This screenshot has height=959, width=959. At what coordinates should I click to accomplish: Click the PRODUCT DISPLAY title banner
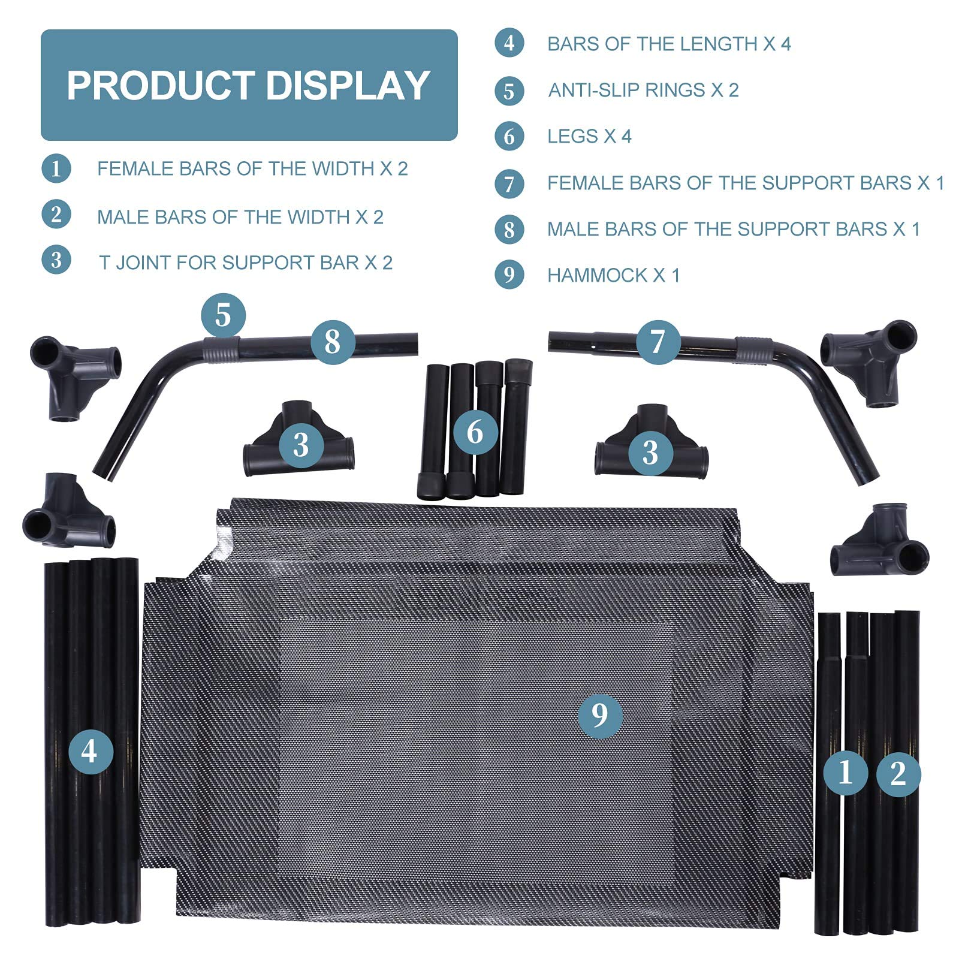[x=249, y=85]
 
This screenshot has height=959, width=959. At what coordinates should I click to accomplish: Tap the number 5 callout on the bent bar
[x=223, y=315]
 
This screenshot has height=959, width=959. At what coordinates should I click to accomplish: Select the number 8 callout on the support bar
[x=333, y=342]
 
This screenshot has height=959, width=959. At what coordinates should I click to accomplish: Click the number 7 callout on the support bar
[x=658, y=342]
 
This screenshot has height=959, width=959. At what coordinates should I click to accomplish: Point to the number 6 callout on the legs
[x=475, y=432]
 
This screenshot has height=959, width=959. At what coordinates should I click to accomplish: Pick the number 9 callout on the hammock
[x=599, y=715]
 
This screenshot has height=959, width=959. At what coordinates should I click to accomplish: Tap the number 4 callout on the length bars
[x=91, y=750]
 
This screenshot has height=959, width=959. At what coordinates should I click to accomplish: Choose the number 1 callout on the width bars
[x=845, y=773]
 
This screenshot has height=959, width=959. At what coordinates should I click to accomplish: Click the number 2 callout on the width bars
[x=898, y=774]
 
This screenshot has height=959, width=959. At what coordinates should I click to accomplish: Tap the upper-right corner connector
[x=869, y=362]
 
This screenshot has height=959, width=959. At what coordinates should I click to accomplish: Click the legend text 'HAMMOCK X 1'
[x=613, y=275]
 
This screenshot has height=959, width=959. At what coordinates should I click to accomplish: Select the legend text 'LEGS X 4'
[x=589, y=137]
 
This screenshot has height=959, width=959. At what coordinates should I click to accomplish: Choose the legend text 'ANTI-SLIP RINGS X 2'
[x=643, y=90]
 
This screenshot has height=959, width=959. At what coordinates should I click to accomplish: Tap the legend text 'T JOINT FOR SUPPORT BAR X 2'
[x=246, y=263]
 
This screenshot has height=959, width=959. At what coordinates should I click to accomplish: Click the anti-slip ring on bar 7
[x=754, y=349]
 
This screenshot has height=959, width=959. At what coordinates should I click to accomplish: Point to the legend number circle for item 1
[x=56, y=168]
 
